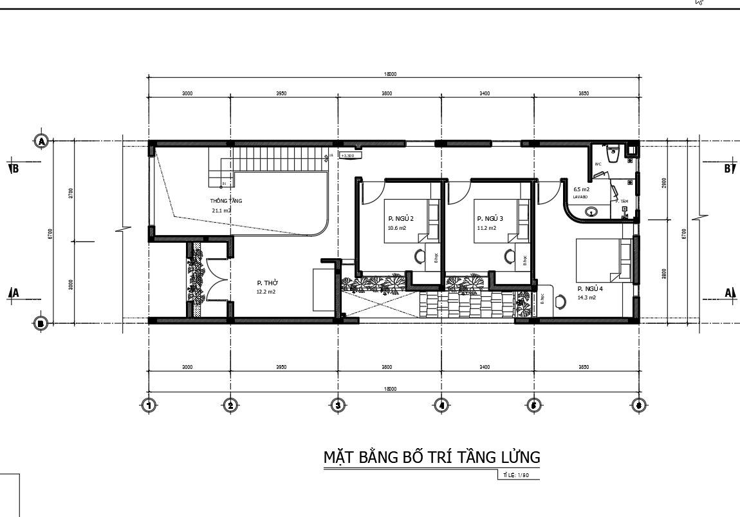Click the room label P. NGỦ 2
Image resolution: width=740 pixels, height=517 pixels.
point(400,219)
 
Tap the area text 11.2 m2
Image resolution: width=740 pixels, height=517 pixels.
point(486,228)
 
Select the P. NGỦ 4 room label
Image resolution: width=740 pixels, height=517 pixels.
point(590,288)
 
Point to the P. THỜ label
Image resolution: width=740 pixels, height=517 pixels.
point(267,283)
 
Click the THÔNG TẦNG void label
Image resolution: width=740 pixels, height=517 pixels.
point(226,201)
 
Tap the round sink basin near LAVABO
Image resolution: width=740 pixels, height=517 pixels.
point(591,212)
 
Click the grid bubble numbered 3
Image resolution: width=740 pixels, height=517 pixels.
point(338,405)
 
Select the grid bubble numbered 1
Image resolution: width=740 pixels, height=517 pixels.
point(149,405)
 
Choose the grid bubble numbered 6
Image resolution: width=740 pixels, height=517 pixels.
point(638,405)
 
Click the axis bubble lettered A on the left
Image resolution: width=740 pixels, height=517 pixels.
point(41,140)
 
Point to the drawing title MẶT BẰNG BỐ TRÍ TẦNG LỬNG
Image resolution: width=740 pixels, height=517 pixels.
point(431,457)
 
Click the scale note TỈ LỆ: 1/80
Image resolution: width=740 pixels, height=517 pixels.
point(515,476)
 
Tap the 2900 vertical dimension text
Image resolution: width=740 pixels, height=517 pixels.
point(664,183)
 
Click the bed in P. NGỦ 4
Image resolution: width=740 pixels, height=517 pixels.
point(602,260)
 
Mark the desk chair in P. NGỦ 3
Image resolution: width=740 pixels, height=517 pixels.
point(510,257)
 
